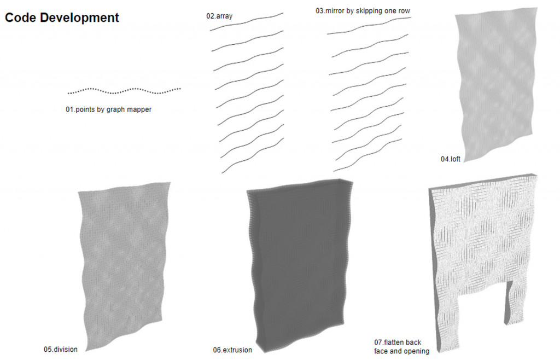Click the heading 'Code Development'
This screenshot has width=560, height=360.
[x=62, y=18]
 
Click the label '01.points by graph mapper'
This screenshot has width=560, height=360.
[x=108, y=109]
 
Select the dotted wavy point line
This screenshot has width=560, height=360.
[x=124, y=90]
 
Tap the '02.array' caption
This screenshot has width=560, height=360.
[x=219, y=16]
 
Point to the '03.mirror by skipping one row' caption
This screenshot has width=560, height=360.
[x=363, y=10]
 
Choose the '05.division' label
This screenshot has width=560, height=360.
[x=61, y=349]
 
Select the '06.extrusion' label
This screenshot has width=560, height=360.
[x=232, y=350]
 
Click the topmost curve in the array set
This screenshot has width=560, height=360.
[x=246, y=21]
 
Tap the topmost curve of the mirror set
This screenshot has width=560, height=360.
[x=369, y=25]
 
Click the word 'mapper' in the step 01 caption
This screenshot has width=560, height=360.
[x=140, y=109]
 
